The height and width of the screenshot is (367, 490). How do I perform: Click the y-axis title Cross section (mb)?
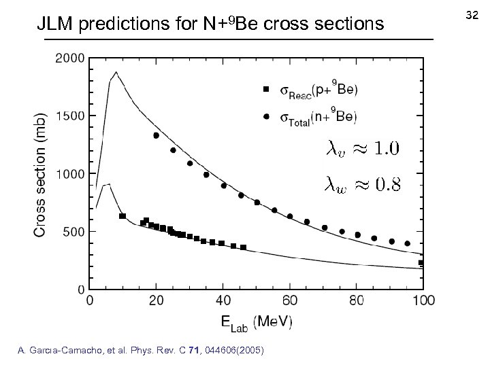coord(41,173)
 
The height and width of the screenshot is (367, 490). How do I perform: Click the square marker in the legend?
coord(266,89)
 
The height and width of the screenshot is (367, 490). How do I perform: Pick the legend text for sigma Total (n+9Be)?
coord(318,117)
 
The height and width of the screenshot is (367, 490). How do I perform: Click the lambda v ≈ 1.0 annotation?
coord(360,148)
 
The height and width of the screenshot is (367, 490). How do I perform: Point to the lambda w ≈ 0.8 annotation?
coord(360,183)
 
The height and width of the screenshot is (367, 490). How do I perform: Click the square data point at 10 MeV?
coord(122,216)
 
